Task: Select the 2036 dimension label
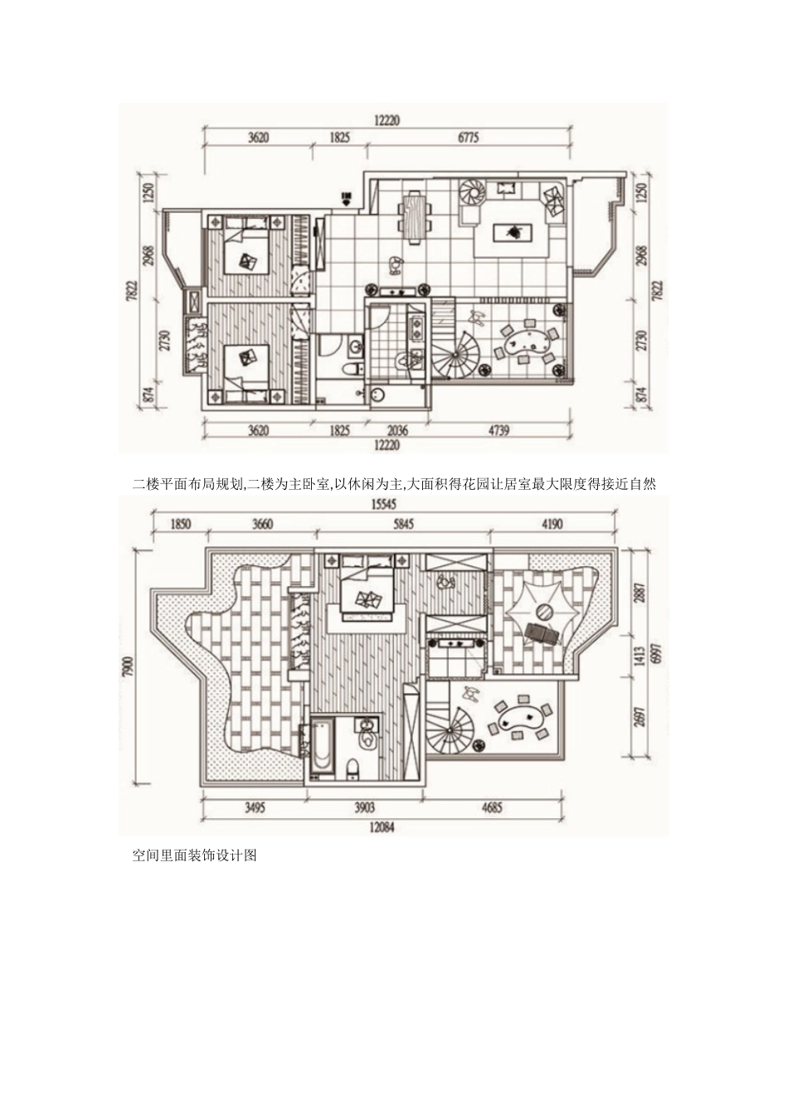399,430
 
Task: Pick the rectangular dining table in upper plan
413,215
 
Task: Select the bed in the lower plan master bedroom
366,595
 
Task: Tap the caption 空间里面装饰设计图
195,855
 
